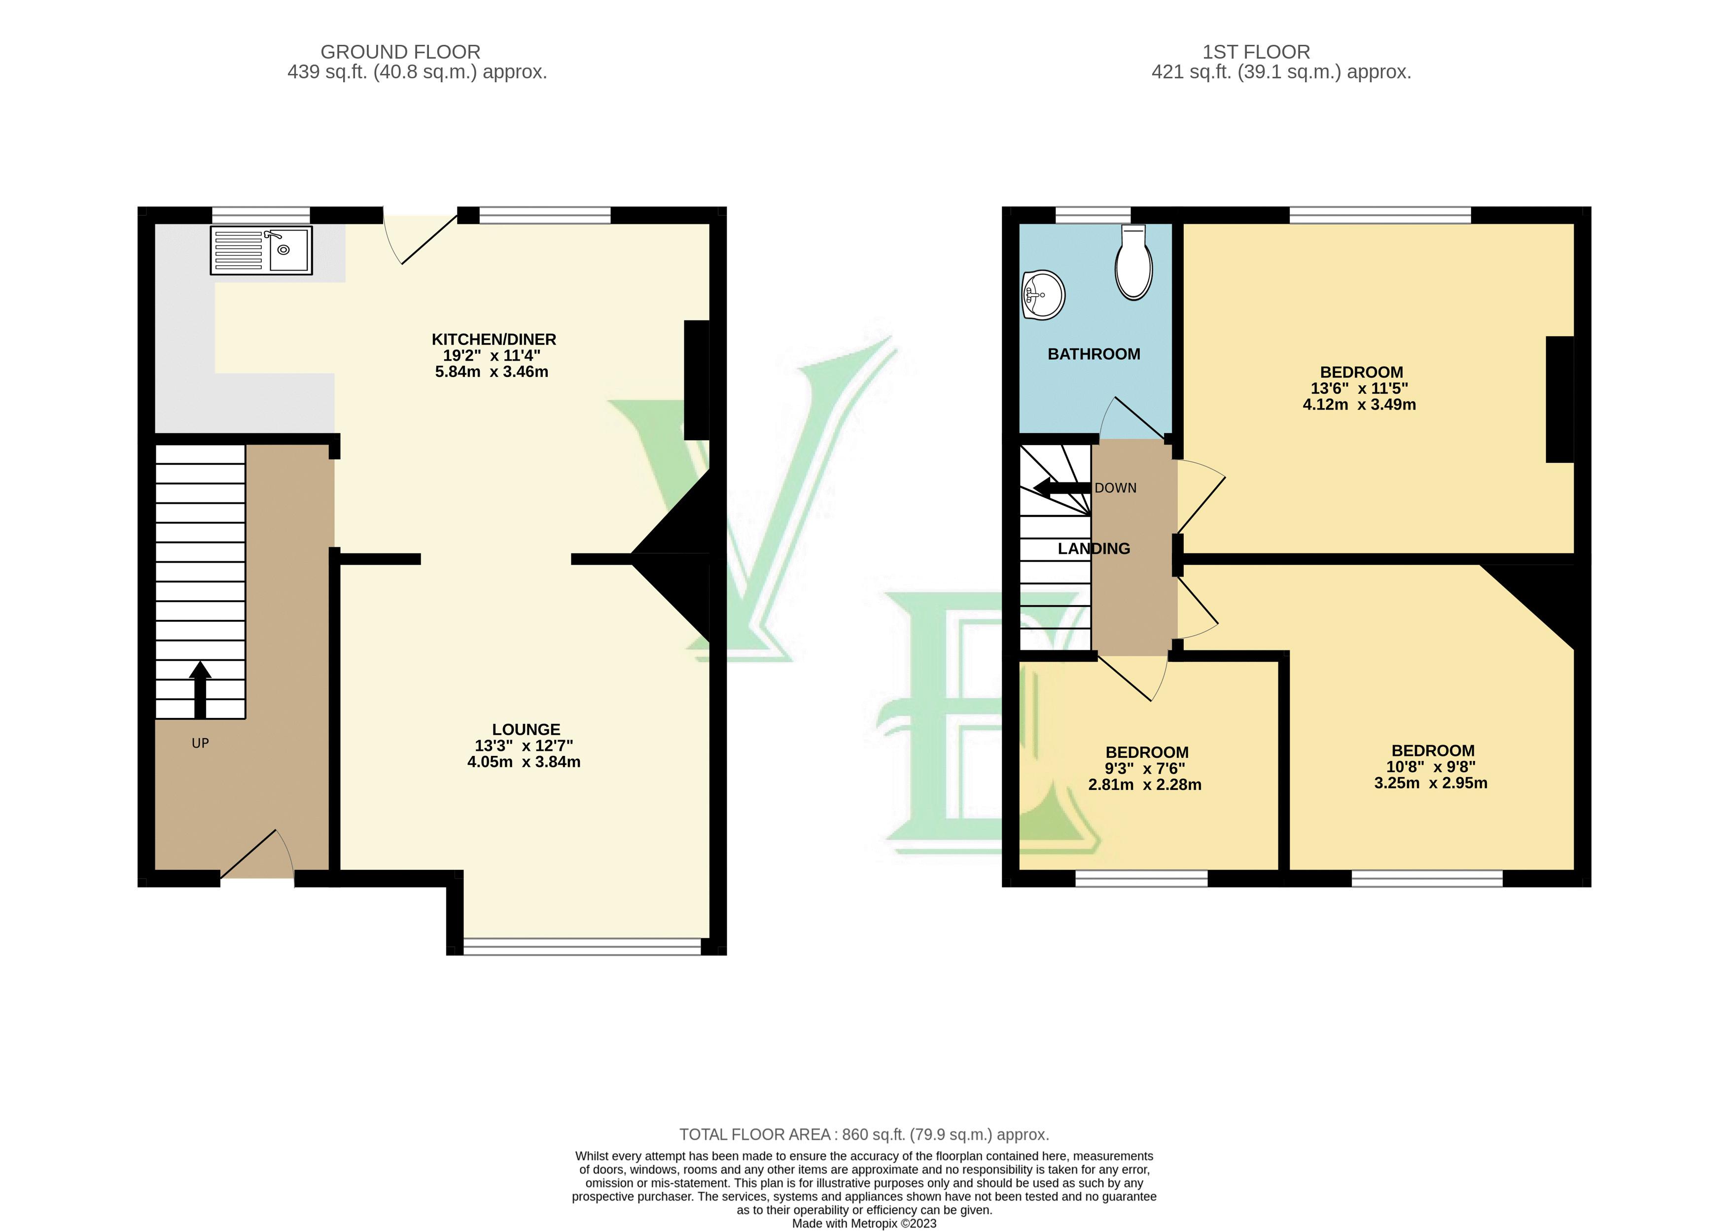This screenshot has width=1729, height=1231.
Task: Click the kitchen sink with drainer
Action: click(261, 250)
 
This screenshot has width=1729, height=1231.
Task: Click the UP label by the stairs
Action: click(200, 743)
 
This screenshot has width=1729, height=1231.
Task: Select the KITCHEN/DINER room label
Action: click(494, 339)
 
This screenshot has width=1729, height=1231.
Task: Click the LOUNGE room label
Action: click(526, 729)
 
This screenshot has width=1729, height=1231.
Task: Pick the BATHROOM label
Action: click(1094, 354)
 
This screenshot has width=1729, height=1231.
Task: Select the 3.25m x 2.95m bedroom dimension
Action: click(1430, 783)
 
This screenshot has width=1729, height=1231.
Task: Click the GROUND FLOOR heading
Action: click(400, 52)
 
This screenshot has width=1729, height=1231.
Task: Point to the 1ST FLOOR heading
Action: click(1256, 52)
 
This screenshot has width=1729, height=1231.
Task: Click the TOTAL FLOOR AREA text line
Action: click(864, 1135)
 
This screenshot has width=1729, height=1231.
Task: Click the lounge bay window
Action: click(582, 945)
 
